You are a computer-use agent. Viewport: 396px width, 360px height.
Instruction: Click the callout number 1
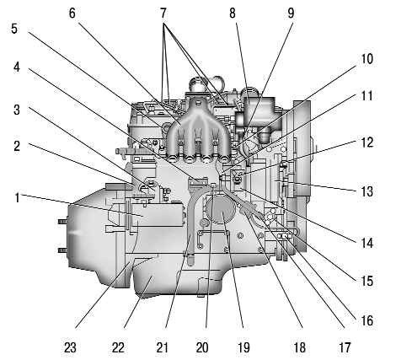tap(17, 197)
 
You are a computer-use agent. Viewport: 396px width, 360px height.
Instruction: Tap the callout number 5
tap(14, 29)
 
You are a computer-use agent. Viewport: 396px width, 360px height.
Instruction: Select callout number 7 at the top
tap(163, 13)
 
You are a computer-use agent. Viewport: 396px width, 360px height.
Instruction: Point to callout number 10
tap(367, 59)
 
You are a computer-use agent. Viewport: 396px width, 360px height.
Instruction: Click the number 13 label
tap(367, 191)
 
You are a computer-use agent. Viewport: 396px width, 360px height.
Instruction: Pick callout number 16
tap(367, 320)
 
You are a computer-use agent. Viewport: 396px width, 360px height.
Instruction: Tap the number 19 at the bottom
tap(243, 347)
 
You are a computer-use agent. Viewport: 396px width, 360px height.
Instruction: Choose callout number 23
tap(70, 347)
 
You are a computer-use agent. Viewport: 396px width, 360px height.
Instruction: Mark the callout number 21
tap(162, 347)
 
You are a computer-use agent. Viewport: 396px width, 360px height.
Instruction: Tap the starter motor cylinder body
tap(158, 214)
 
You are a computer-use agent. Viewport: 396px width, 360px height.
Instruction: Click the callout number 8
tap(233, 13)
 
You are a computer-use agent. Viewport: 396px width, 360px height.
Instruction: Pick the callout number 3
tap(17, 110)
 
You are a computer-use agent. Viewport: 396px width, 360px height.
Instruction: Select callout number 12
tap(367, 142)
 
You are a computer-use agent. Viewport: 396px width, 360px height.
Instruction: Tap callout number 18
tap(300, 347)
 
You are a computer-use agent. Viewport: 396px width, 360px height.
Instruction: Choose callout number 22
tap(118, 347)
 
